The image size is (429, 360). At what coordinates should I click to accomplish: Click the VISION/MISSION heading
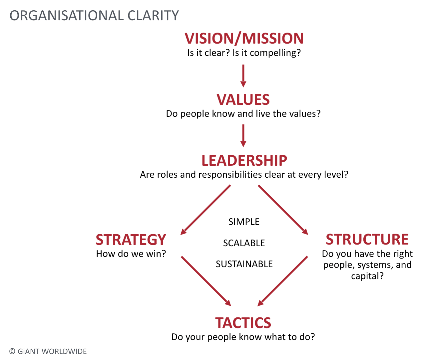[x=244, y=39]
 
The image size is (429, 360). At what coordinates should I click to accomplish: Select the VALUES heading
[x=243, y=99]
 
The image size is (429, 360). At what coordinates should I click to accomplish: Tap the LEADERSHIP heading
[x=244, y=160]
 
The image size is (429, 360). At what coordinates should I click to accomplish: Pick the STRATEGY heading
[x=131, y=240]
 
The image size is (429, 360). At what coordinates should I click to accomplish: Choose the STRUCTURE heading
[x=367, y=239]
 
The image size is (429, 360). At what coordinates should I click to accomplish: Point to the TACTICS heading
[x=243, y=323]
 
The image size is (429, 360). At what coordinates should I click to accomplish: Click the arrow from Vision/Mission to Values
[x=243, y=76]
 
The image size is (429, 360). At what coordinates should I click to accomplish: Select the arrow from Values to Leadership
[x=243, y=136]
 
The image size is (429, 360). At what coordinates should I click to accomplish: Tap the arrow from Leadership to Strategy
[x=206, y=210]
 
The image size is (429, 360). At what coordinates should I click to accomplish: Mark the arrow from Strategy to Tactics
[x=206, y=281]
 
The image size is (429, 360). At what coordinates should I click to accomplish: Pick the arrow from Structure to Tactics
[x=283, y=281]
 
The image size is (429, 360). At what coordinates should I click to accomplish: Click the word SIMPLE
[x=244, y=222]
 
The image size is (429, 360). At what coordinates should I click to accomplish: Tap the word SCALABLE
[x=244, y=243]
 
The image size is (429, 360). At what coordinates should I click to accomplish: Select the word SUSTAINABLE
[x=244, y=264]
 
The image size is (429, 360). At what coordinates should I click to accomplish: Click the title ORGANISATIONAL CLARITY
[x=94, y=16]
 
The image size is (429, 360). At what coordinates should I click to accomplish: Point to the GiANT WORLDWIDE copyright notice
[x=48, y=351]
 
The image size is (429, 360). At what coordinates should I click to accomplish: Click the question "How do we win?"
[x=131, y=254]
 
